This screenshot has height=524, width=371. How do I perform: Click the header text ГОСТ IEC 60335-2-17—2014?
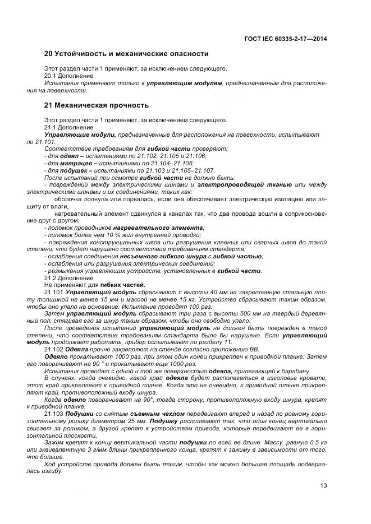[286, 39]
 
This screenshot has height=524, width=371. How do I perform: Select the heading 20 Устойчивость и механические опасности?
[126, 54]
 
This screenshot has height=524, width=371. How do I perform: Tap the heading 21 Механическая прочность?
[96, 105]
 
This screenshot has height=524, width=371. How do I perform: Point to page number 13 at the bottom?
[323, 485]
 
